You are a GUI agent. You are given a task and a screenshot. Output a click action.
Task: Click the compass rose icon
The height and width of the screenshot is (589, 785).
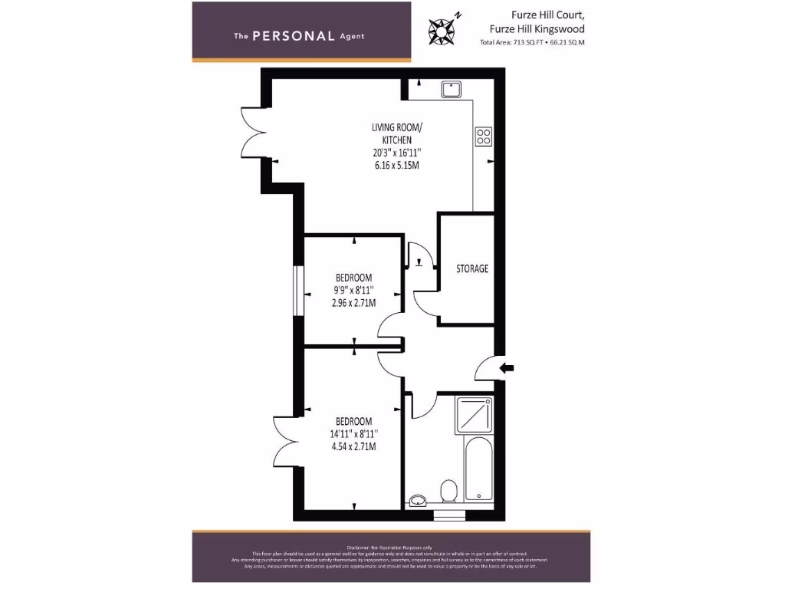pyautogui.click(x=443, y=28)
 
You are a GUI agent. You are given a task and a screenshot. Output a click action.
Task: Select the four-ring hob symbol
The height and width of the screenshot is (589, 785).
pyautogui.click(x=484, y=137)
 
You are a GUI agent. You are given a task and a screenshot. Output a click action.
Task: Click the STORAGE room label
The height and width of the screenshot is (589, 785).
pyautogui.click(x=472, y=268)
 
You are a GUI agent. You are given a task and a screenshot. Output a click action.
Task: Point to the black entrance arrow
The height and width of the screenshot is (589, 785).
pyautogui.click(x=507, y=369)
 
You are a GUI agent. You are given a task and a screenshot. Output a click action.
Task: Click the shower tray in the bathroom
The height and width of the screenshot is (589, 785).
pyautogui.click(x=475, y=415)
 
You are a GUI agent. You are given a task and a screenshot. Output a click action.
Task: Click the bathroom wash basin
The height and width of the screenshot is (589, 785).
pyautogui.click(x=418, y=502)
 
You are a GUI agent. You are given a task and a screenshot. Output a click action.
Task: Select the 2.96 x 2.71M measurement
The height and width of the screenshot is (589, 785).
pyautogui.click(x=354, y=303)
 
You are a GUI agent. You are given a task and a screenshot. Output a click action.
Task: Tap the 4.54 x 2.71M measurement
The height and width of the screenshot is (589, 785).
pyautogui.click(x=354, y=446)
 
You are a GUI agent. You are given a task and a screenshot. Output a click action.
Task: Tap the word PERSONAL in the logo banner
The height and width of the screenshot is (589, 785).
pyautogui.click(x=294, y=36)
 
